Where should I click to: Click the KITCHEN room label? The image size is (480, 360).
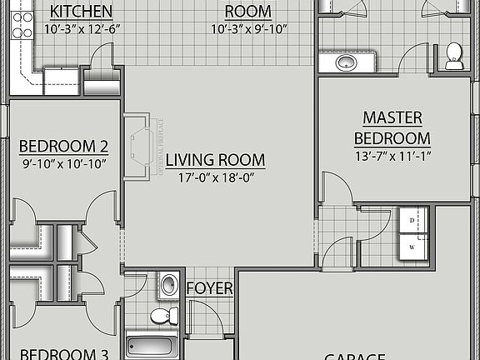tap(82, 12)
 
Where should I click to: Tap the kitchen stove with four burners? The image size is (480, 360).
tap(22, 25)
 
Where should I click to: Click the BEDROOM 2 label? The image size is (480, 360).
tap(63, 147)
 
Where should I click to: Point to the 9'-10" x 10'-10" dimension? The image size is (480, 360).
tap(63, 164)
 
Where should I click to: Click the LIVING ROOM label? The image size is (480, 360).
tap(215, 160)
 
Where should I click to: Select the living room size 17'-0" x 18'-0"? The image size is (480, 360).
tap(215, 177)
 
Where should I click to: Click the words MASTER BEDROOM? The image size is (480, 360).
tap(392, 127)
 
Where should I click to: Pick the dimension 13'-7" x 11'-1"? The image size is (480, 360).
tap(392, 156)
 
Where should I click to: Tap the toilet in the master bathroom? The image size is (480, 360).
tap(454, 56)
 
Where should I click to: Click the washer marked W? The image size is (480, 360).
tap(413, 247)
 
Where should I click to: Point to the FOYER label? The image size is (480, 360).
tap(209, 288)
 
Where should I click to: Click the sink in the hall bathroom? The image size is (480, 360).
tap(169, 284)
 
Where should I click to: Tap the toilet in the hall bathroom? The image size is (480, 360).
tap(163, 316)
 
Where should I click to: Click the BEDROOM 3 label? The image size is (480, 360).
tap(63, 354)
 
